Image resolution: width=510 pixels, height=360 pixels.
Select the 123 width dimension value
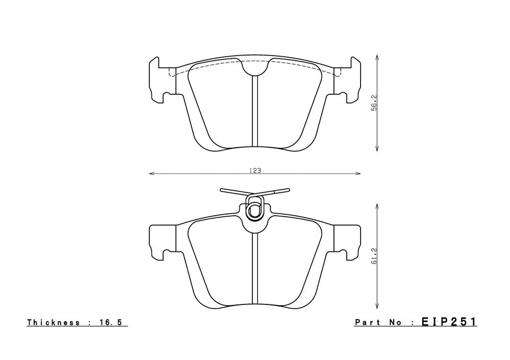255,171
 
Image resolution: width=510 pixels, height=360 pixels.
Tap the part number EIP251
449,322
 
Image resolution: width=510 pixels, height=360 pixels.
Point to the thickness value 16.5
111,322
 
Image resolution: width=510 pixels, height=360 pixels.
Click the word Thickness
54,322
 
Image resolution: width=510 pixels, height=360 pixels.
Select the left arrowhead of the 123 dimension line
150,174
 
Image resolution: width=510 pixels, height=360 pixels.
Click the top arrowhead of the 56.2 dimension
377,57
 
